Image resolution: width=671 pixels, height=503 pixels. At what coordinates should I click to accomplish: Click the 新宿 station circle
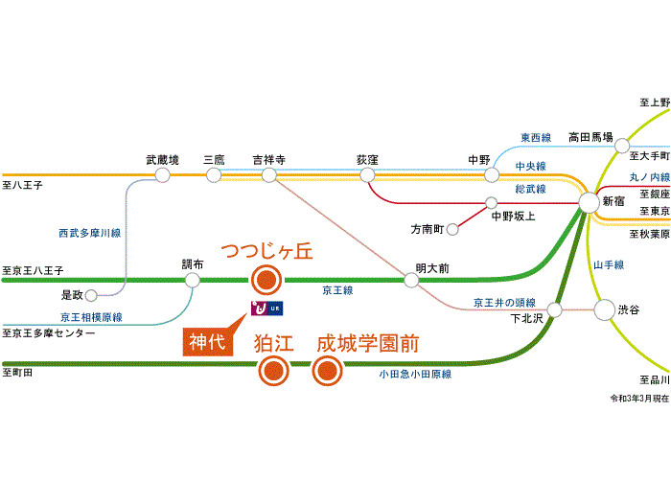tap(590, 202)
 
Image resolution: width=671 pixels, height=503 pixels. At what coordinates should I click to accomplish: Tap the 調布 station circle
tap(193, 280)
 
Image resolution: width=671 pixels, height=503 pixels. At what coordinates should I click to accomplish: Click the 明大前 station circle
tap(411, 280)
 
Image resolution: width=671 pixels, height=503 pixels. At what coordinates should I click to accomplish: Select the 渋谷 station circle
tap(604, 309)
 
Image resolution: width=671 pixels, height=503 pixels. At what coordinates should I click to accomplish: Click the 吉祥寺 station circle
tap(267, 175)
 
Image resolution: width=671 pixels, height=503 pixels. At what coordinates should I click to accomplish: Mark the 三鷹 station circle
tap(214, 175)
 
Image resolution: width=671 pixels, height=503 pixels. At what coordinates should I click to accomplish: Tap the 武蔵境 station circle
tap(163, 175)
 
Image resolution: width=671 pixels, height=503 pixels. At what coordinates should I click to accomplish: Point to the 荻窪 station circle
tap(367, 175)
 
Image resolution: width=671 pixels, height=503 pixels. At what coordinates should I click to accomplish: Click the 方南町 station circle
tap(452, 229)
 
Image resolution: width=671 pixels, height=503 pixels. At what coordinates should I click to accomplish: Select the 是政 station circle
tap(91, 293)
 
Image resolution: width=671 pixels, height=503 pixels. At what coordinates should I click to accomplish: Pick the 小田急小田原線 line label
tap(415, 374)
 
